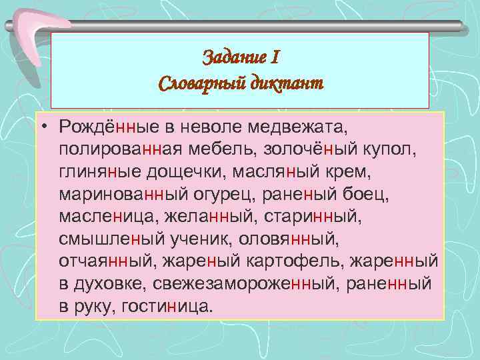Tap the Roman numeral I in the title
[275, 58]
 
